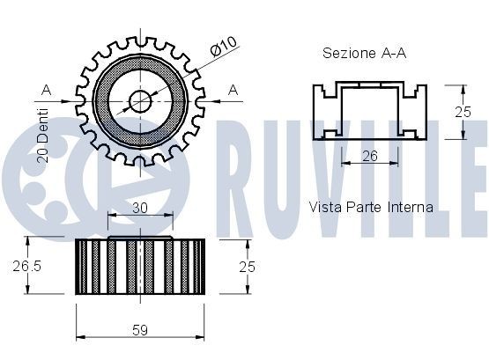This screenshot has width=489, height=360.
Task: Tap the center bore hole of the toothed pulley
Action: [140, 99]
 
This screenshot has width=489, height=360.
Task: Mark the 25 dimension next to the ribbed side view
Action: [248, 265]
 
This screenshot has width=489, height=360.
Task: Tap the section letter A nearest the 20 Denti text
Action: [47, 89]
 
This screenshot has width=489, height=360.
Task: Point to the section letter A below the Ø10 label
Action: [233, 89]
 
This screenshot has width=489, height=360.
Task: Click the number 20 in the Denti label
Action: [42, 156]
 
